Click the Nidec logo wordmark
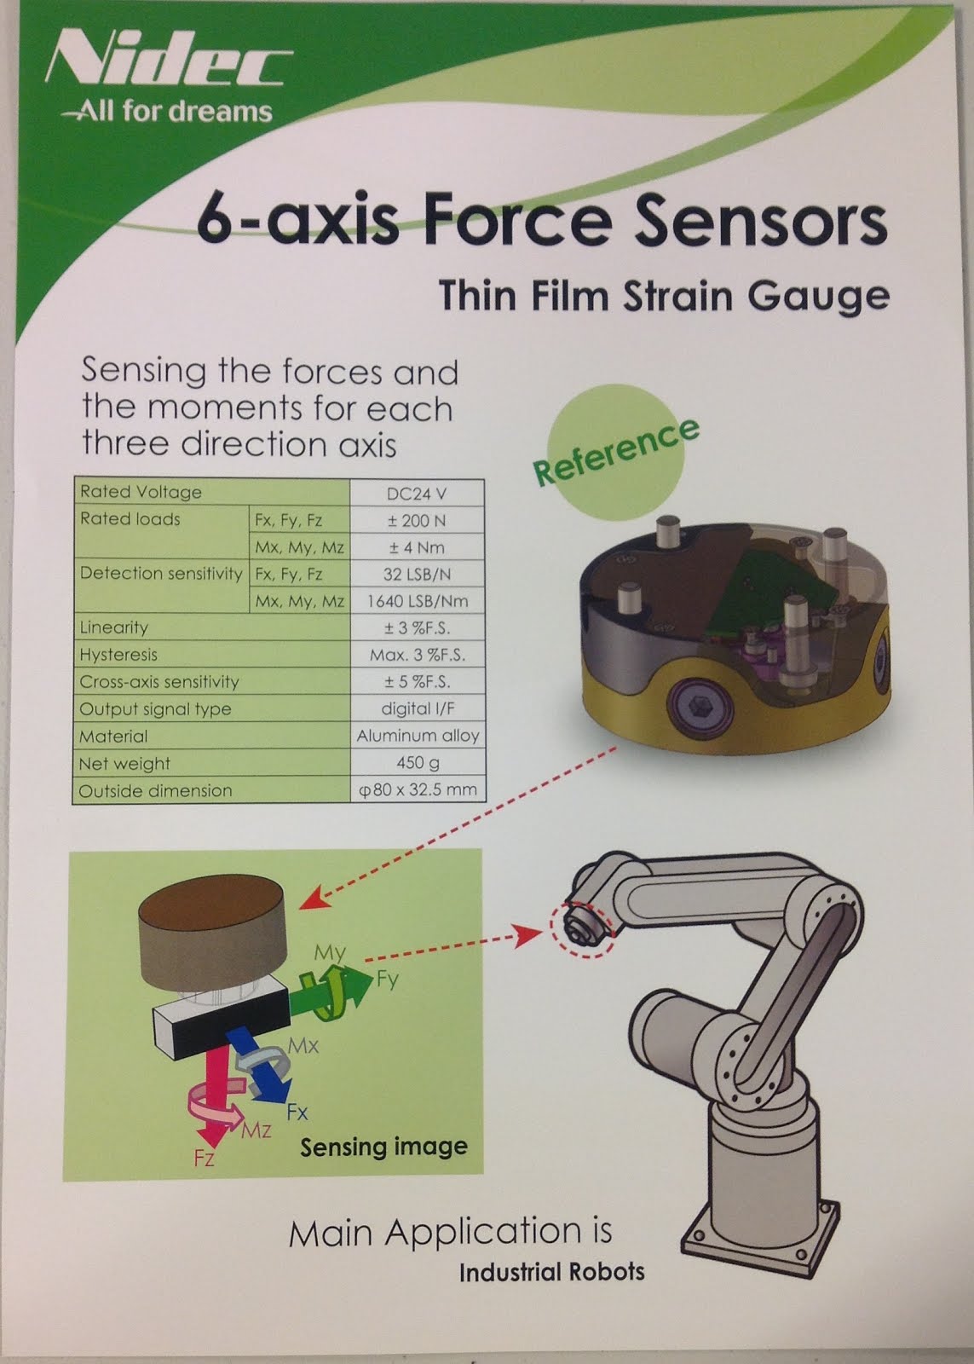(166, 66)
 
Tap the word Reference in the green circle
(615, 451)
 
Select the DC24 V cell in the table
(417, 494)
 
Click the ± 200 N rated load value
(417, 520)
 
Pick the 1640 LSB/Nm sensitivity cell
(417, 601)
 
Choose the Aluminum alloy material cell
(418, 736)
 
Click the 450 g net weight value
(417, 763)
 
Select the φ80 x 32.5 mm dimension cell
(418, 790)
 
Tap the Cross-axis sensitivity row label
(158, 682)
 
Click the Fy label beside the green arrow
(387, 980)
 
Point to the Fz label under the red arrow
(204, 1159)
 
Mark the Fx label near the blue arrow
(297, 1113)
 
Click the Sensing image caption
(383, 1147)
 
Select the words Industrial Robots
(551, 1273)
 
